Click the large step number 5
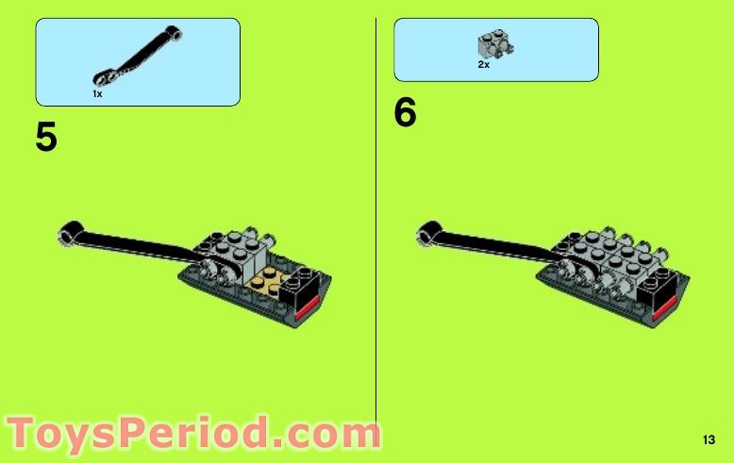[x=46, y=139]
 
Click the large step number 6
[x=405, y=114]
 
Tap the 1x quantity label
[x=97, y=93]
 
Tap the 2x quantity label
[x=483, y=65]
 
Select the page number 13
[x=709, y=439]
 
